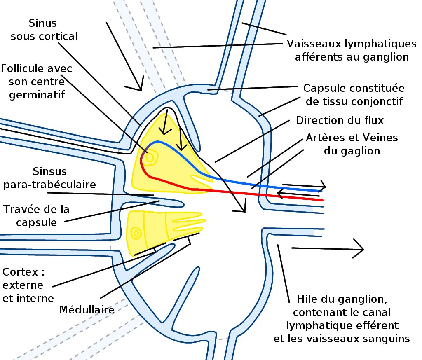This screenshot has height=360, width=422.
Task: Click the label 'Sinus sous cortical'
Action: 44,29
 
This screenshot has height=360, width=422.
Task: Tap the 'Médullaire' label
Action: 87,309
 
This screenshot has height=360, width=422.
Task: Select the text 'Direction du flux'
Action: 340,121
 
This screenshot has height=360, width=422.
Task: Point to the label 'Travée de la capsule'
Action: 36,215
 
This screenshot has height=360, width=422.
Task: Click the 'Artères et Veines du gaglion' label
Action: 352,144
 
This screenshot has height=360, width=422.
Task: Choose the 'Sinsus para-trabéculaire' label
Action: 49,178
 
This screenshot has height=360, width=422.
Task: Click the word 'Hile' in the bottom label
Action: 307,298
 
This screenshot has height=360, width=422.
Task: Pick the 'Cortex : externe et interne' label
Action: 28,285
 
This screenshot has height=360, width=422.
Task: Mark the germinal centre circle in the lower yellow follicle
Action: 135,233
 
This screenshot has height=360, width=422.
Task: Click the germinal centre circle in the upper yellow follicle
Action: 150,157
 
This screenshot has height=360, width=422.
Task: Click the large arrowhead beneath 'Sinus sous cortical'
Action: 139,86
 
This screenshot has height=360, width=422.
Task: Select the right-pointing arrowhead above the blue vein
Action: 323,187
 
